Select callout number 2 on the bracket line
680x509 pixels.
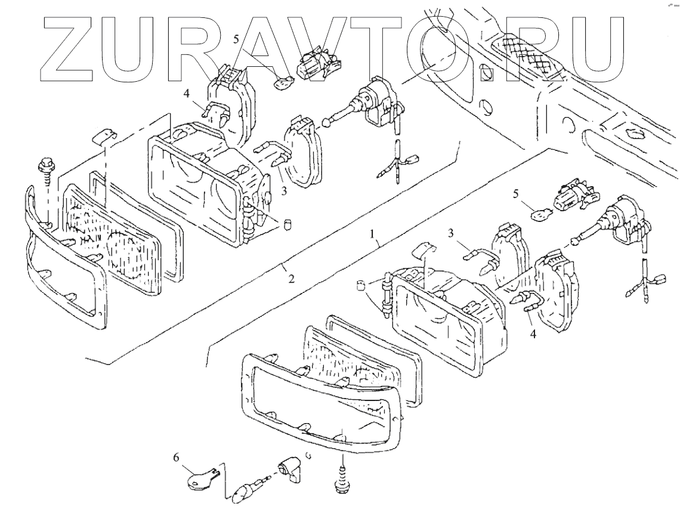pos(291,278)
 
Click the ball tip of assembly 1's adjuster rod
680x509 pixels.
pos(575,242)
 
